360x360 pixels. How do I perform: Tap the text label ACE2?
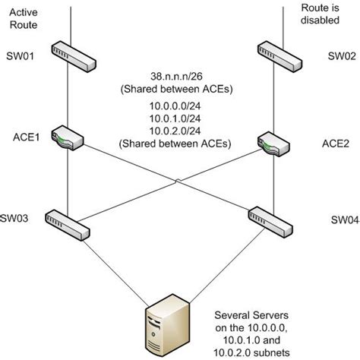click(x=336, y=142)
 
